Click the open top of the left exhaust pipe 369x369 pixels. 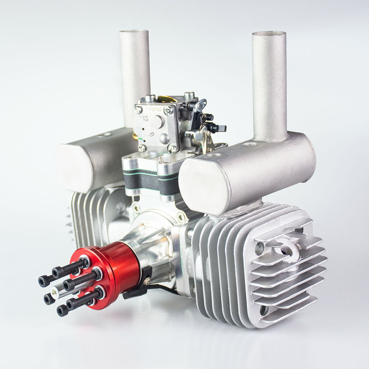pos(134,32)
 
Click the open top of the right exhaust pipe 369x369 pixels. pos(269,34)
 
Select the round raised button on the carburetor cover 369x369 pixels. pos(157,121)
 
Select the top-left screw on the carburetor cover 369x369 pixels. pos(138,109)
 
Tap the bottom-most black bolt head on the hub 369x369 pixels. pos(62,311)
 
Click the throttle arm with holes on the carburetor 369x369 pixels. pos(202,105)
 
